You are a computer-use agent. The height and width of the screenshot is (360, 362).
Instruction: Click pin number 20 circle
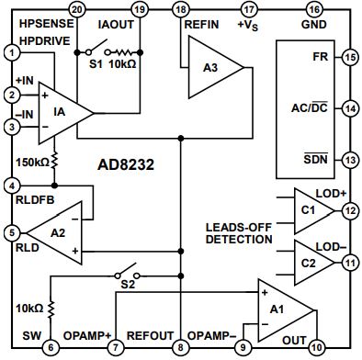[77, 9]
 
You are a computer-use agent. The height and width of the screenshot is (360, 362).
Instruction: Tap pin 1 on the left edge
[12, 53]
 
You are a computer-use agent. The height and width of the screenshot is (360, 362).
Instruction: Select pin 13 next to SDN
[350, 160]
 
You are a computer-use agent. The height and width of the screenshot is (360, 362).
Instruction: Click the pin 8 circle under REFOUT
[180, 347]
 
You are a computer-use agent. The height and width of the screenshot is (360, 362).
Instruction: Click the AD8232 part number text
[126, 165]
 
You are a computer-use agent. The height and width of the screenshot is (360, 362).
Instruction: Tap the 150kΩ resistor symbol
[54, 161]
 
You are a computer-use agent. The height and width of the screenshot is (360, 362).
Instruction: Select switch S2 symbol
[127, 272]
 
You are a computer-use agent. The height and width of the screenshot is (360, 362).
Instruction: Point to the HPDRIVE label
[45, 40]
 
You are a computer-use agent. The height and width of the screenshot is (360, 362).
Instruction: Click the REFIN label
[201, 25]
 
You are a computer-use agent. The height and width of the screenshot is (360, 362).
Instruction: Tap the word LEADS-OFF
[239, 228]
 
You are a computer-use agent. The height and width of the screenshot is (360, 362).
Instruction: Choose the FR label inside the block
[321, 57]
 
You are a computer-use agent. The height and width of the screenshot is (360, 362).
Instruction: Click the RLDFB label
[35, 200]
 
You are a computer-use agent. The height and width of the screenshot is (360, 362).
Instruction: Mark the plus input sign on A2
[75, 251]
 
